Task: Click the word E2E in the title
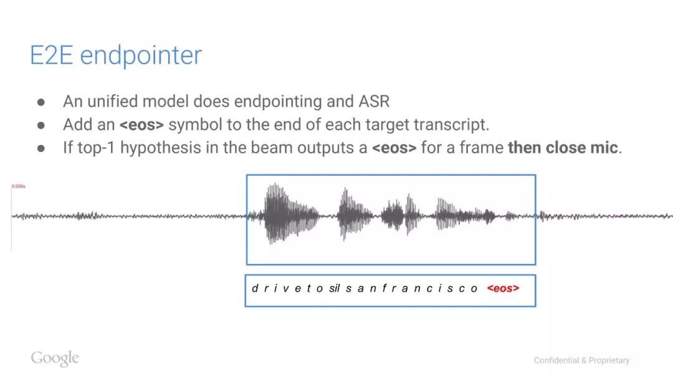click(x=51, y=55)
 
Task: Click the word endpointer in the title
click(x=141, y=56)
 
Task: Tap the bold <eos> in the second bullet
click(x=141, y=125)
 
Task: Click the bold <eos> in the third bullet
click(x=394, y=148)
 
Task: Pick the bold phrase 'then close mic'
click(x=563, y=148)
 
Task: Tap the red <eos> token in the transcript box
click(x=503, y=288)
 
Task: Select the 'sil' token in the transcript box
click(x=335, y=288)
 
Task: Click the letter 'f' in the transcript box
click(x=384, y=288)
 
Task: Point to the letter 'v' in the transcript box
click(x=286, y=289)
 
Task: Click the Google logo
click(x=55, y=358)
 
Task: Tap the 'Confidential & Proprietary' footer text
click(x=581, y=361)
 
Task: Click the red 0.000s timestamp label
click(x=19, y=186)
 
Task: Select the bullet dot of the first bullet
click(x=41, y=102)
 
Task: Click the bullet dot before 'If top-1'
click(x=41, y=148)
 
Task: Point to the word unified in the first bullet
click(x=112, y=102)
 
